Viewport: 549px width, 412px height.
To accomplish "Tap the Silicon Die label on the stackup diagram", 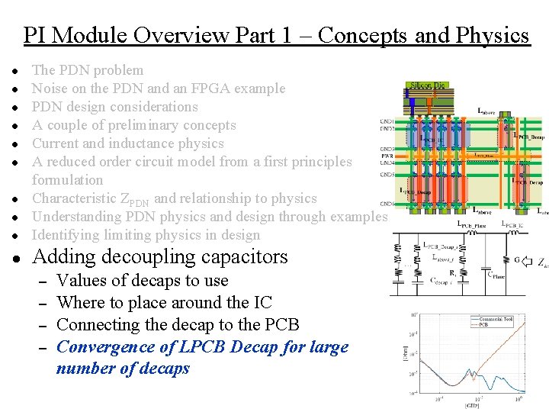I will [x=428, y=86].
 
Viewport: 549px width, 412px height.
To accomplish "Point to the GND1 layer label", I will [x=387, y=121].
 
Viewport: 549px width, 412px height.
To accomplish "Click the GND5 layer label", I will [x=387, y=175].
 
